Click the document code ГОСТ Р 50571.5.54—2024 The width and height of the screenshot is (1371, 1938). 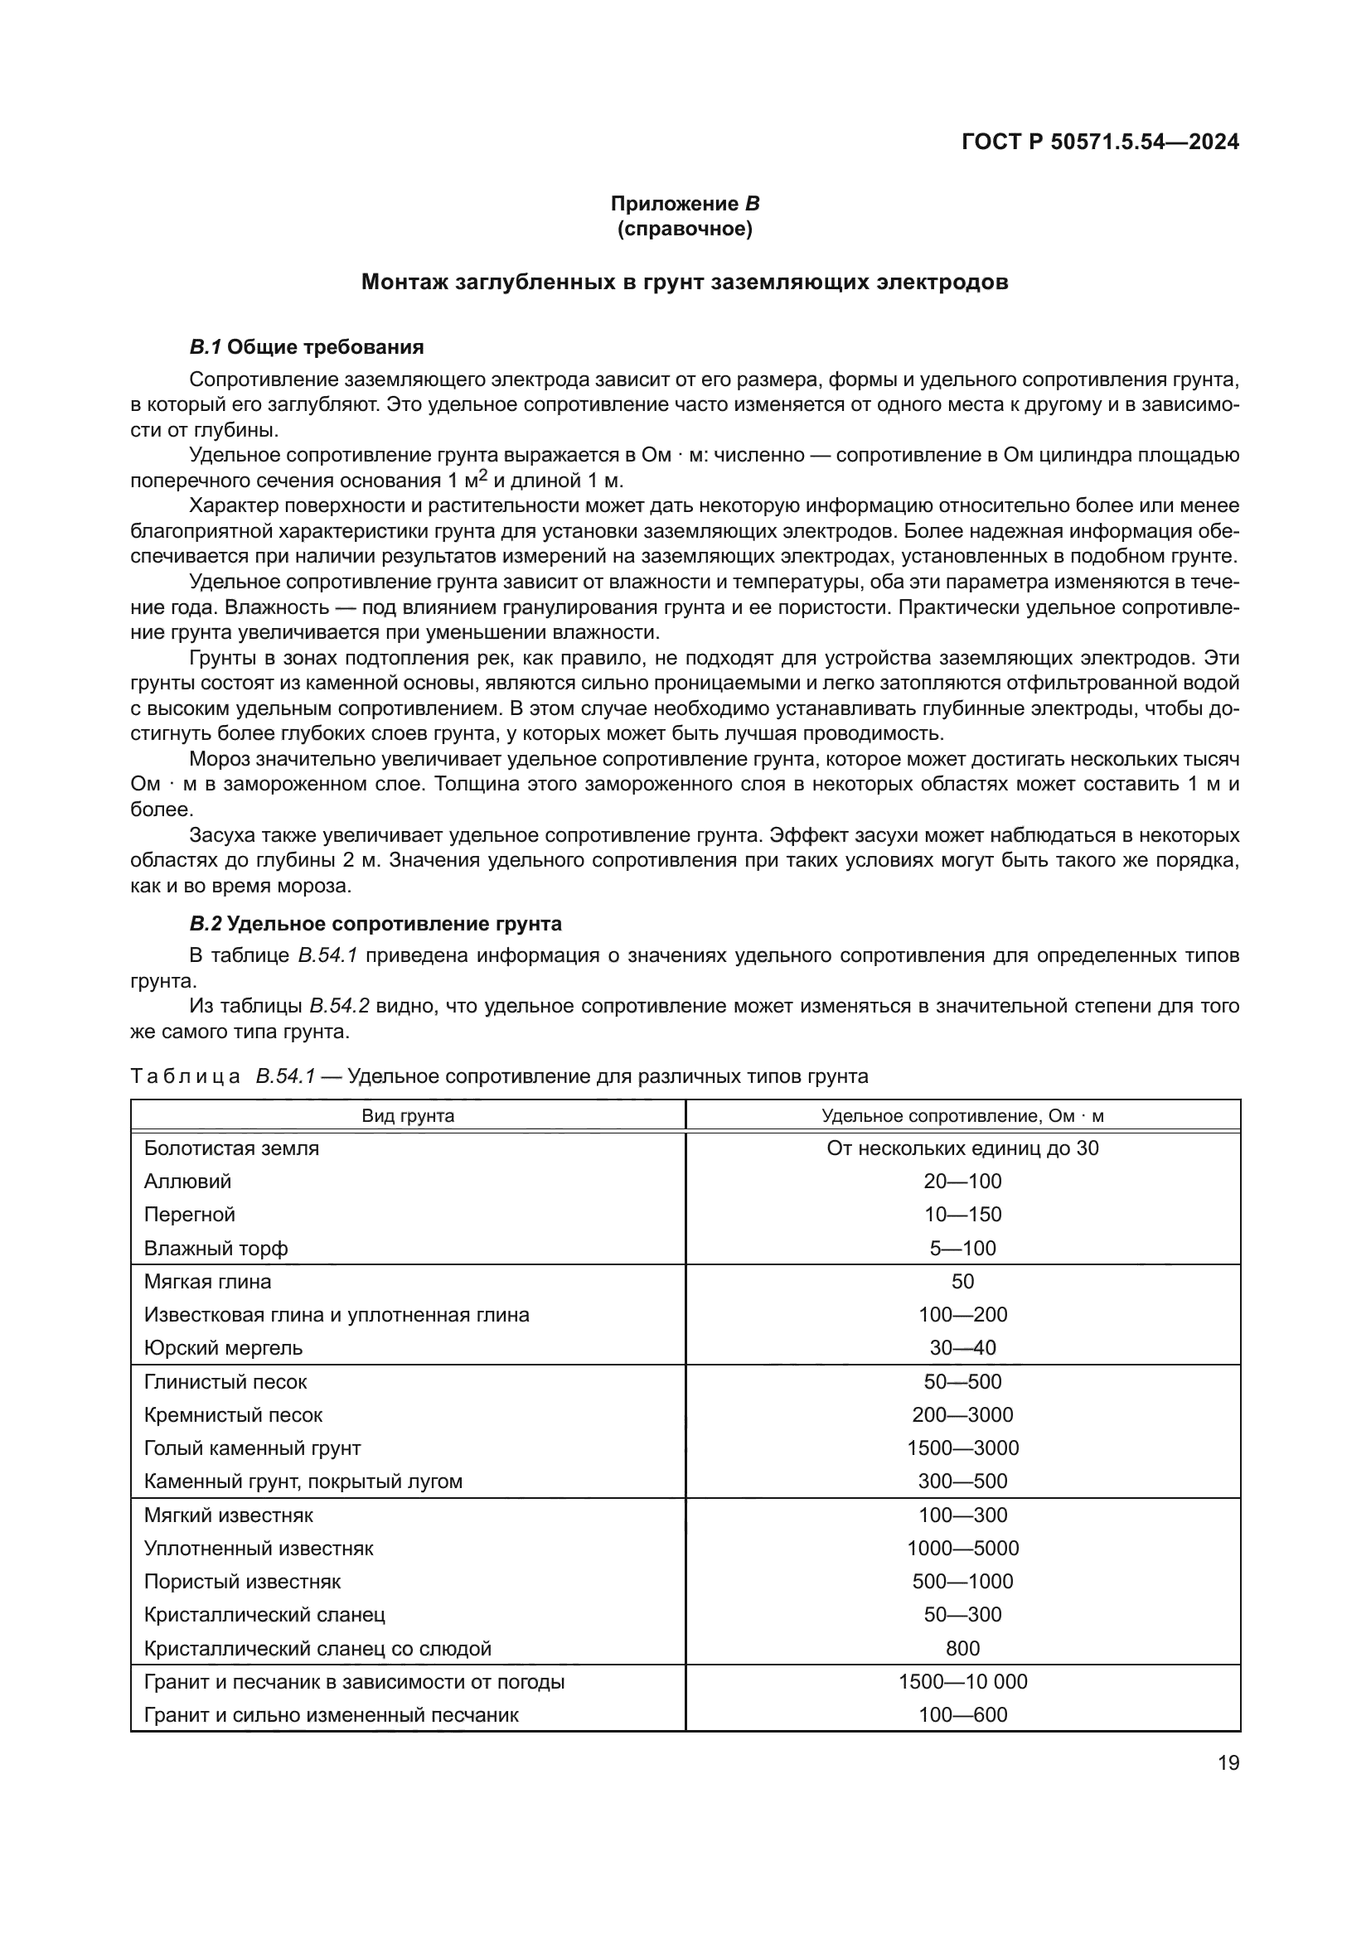(1100, 142)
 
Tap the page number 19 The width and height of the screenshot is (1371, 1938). (1228, 1762)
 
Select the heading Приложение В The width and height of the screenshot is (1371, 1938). (685, 204)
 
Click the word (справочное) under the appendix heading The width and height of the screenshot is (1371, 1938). (685, 229)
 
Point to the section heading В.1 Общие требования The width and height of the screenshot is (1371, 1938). (307, 347)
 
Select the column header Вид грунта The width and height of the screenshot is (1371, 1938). (408, 1116)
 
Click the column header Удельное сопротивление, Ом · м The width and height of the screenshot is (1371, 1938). (962, 1116)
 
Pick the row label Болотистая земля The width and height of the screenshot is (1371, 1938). (231, 1148)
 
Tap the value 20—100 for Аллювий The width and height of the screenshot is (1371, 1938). (962, 1182)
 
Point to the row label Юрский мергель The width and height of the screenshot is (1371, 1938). (223, 1348)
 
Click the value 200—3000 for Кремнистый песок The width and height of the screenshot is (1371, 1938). (962, 1414)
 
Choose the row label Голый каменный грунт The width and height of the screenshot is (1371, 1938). (253, 1448)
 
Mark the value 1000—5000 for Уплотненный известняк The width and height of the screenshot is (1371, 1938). (962, 1548)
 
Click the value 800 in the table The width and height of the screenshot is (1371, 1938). (962, 1649)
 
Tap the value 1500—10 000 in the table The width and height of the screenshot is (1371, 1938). (962, 1681)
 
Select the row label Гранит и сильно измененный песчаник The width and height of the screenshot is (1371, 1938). (331, 1714)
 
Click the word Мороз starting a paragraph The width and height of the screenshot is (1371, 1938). (220, 759)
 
